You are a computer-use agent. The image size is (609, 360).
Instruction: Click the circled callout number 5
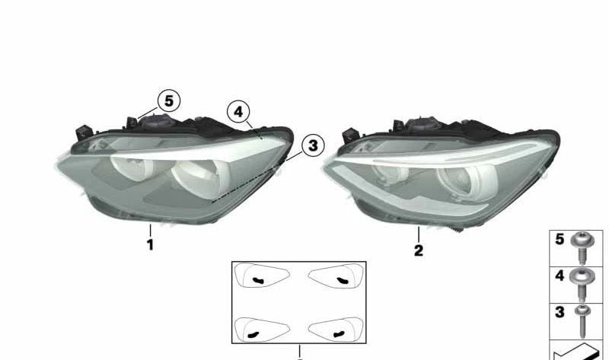coord(168,101)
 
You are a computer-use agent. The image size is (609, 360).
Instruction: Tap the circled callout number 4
coord(238,112)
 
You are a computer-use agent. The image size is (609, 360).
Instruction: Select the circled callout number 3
coord(313,145)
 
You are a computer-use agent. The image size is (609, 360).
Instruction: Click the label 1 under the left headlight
coord(150,245)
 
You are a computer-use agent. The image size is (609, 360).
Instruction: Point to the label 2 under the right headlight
coord(418,250)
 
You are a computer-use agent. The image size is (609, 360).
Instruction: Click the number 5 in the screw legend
coord(560,239)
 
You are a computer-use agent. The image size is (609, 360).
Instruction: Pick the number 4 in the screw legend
coord(560,276)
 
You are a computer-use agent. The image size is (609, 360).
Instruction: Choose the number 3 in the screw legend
coord(560,312)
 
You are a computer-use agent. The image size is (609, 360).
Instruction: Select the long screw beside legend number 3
coord(582,320)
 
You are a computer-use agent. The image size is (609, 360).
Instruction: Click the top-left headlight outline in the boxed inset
coord(262,276)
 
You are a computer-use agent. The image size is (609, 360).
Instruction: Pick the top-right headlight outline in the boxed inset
coord(336,276)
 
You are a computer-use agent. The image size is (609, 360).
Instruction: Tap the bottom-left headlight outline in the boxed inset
coord(262,330)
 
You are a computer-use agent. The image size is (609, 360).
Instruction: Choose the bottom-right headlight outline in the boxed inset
coord(336,330)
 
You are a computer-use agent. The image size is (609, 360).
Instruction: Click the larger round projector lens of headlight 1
coord(197,178)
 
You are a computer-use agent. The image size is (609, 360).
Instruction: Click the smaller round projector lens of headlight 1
coord(131,166)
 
